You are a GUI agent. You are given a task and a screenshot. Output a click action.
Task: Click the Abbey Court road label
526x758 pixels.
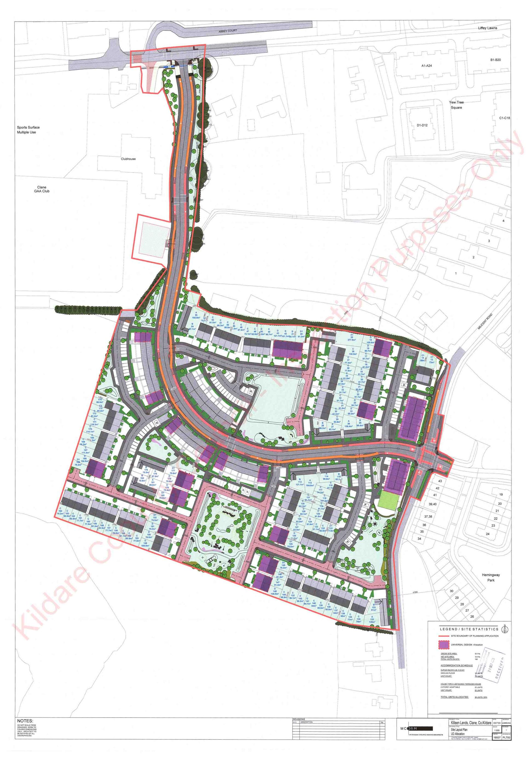click(x=228, y=31)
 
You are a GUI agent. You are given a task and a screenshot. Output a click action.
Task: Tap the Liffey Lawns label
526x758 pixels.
click(x=487, y=28)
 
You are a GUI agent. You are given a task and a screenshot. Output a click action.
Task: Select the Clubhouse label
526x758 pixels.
click(x=128, y=159)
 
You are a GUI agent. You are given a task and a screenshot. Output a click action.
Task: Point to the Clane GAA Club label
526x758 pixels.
click(x=42, y=189)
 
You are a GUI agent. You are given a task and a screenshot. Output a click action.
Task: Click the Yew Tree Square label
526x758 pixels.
click(x=456, y=105)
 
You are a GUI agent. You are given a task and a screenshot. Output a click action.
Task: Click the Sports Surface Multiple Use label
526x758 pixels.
click(x=28, y=130)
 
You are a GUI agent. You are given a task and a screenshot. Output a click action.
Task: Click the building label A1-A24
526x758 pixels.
click(x=427, y=66)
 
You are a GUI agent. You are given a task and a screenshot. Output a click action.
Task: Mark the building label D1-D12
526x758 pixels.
click(x=422, y=125)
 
